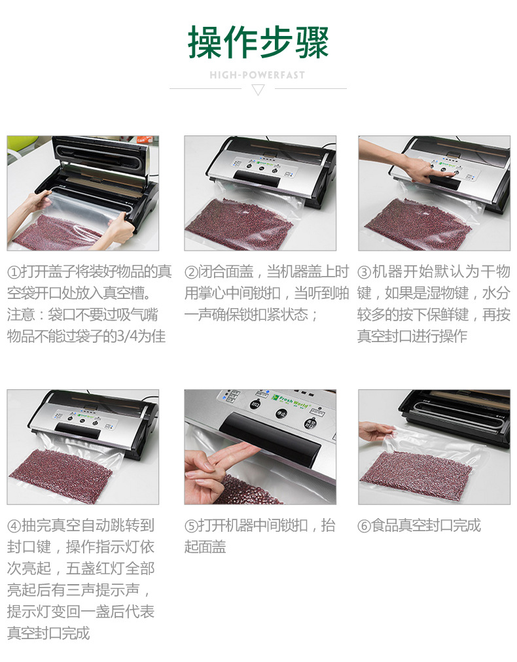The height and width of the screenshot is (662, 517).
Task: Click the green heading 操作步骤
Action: click(x=258, y=42)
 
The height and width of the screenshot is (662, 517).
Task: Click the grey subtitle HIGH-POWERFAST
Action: click(x=257, y=75)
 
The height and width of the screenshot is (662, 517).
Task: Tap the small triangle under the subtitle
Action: click(x=258, y=90)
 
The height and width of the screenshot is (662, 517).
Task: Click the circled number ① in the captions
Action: click(x=14, y=272)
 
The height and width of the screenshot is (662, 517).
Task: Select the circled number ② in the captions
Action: click(x=191, y=272)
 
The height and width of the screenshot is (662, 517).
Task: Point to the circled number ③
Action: click(x=364, y=272)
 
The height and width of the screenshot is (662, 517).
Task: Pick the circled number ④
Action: click(x=14, y=526)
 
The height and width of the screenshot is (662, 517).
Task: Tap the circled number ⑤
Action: click(x=191, y=526)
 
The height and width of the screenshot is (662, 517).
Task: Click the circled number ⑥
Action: click(x=364, y=526)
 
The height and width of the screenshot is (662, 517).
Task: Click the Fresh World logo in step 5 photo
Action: click(x=291, y=402)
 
